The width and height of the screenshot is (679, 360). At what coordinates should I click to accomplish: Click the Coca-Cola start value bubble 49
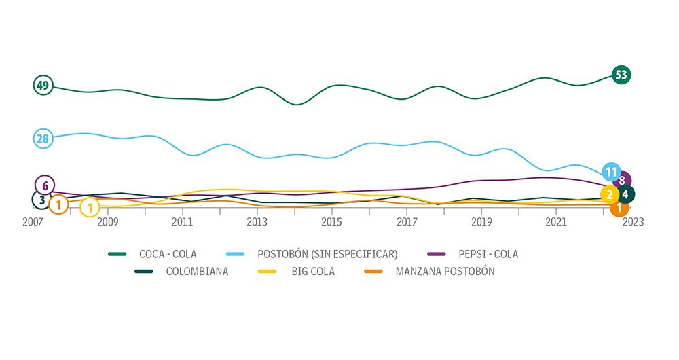coord(43,86)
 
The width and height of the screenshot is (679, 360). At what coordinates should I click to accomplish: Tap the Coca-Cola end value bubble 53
coord(621,75)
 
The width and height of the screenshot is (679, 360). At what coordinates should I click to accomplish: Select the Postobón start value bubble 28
coord(43,139)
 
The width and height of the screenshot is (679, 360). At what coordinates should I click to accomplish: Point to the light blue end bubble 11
coord(611,171)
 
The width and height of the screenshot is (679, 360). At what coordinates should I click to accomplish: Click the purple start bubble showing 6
coord(45,185)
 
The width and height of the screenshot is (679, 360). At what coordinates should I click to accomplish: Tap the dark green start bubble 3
coord(41,200)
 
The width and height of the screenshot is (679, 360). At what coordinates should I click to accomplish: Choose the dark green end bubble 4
coord(625,194)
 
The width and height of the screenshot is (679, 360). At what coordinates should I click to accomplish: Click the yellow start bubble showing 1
coord(90,207)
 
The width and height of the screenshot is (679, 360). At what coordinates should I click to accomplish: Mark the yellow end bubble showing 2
coord(610,195)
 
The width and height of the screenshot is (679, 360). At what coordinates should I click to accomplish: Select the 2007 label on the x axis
coord(33,222)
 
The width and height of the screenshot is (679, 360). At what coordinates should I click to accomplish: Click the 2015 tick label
coord(331,222)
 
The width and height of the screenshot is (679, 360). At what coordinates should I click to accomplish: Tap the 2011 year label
coord(182,222)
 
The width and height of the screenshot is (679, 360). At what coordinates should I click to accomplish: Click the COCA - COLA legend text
coord(167,255)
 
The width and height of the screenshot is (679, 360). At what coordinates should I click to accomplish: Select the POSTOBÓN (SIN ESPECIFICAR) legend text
coord(327,255)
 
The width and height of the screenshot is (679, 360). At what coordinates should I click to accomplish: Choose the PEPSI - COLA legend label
coord(488,255)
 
